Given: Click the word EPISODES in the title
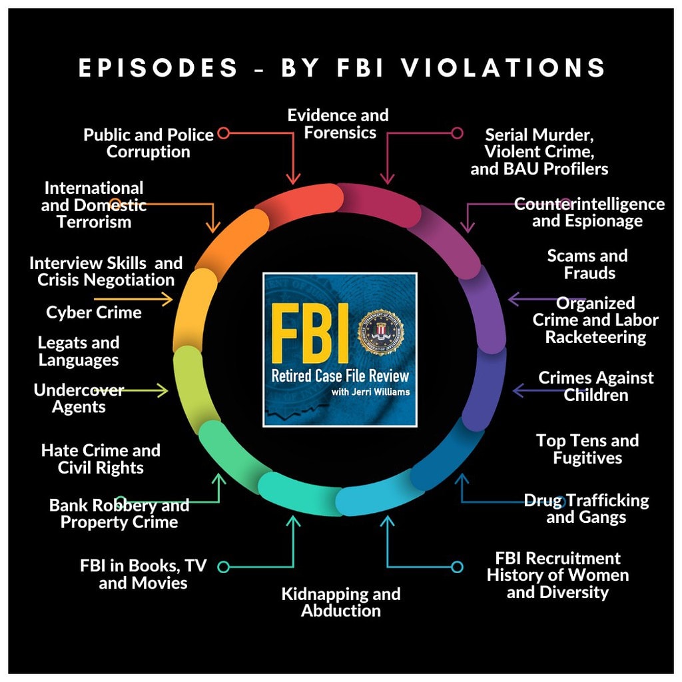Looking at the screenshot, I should tap(159, 68).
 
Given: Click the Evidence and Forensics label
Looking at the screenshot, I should tap(338, 124).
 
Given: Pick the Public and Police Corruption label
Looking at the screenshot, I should tap(149, 143).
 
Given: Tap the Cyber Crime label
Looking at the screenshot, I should tap(94, 312).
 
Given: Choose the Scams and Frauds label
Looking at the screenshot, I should tap(587, 264).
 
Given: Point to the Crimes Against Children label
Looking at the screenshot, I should tap(596, 386).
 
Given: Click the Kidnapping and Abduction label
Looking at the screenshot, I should tap(341, 602).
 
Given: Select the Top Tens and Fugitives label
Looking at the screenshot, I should tap(587, 449).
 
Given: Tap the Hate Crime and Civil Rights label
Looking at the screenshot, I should tap(101, 459).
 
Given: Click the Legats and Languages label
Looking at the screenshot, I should tap(79, 351).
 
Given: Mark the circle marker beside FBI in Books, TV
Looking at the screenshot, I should tap(224, 567).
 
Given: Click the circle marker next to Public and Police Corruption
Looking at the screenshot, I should tap(223, 133).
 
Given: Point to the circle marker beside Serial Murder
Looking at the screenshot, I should tap(457, 133).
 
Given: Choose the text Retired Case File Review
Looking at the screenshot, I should tap(340, 376).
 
